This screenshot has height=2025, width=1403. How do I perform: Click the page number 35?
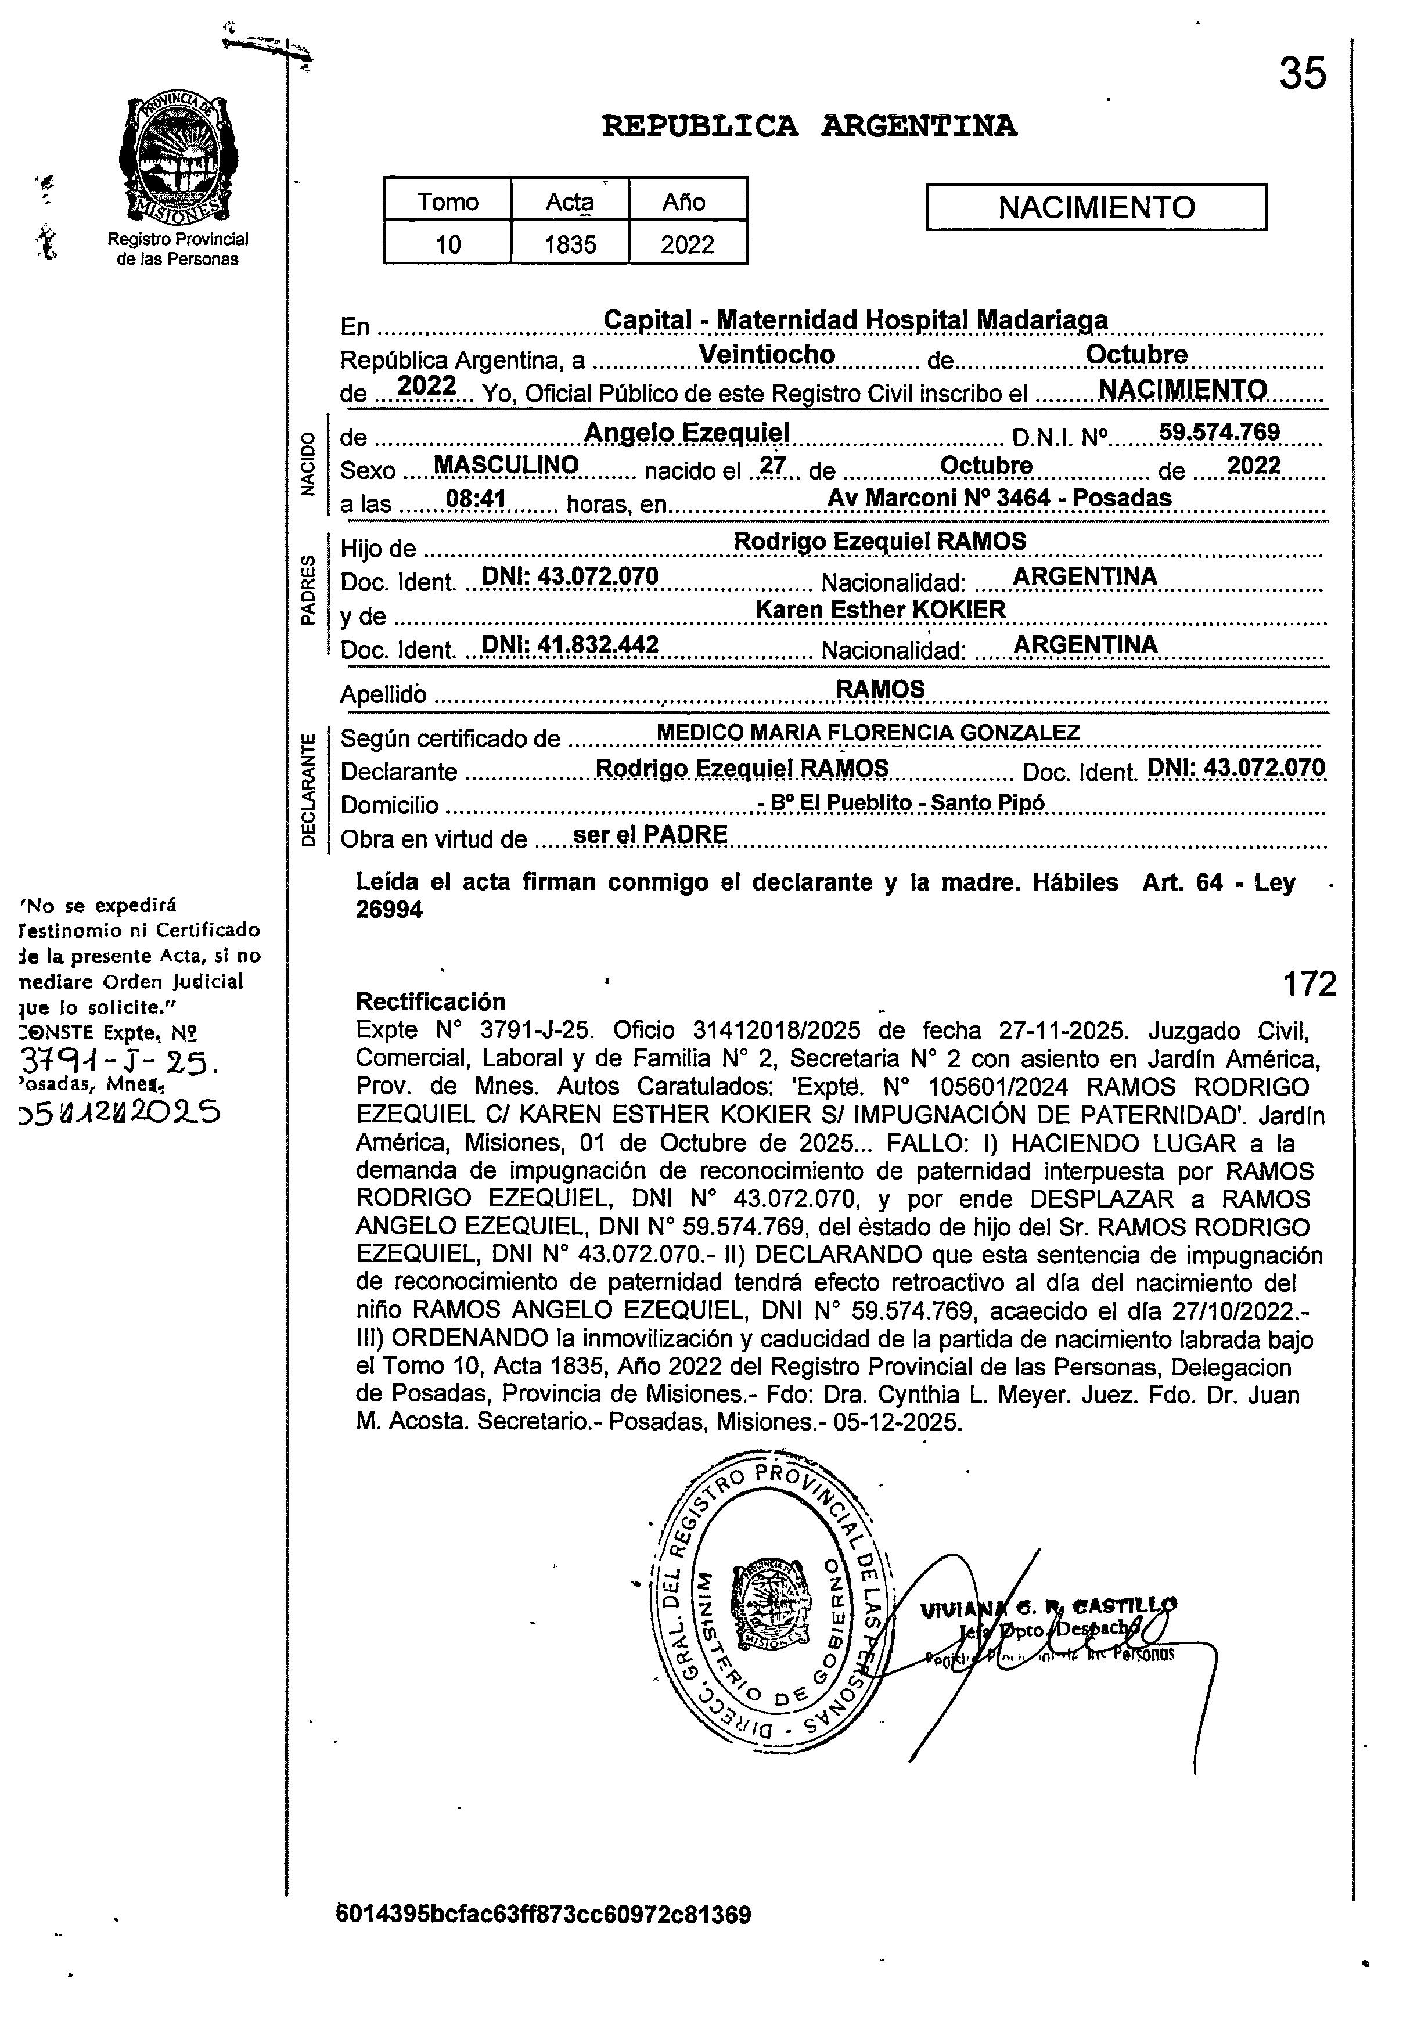(1302, 74)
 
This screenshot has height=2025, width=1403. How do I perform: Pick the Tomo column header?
(448, 201)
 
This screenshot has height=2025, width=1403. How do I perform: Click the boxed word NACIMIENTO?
(1096, 207)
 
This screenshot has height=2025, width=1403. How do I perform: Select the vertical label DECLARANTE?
(308, 788)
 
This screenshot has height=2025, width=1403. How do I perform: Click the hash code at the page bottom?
(544, 1914)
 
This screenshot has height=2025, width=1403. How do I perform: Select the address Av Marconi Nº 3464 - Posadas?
(999, 498)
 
